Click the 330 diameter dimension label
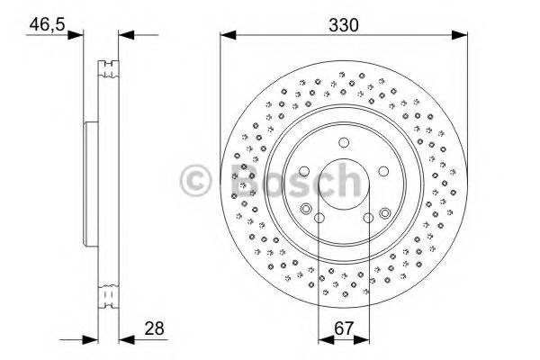point(344,24)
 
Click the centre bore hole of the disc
point(344,184)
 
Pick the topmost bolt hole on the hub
point(344,142)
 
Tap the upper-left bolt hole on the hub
point(304,171)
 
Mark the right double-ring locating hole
point(385,212)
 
